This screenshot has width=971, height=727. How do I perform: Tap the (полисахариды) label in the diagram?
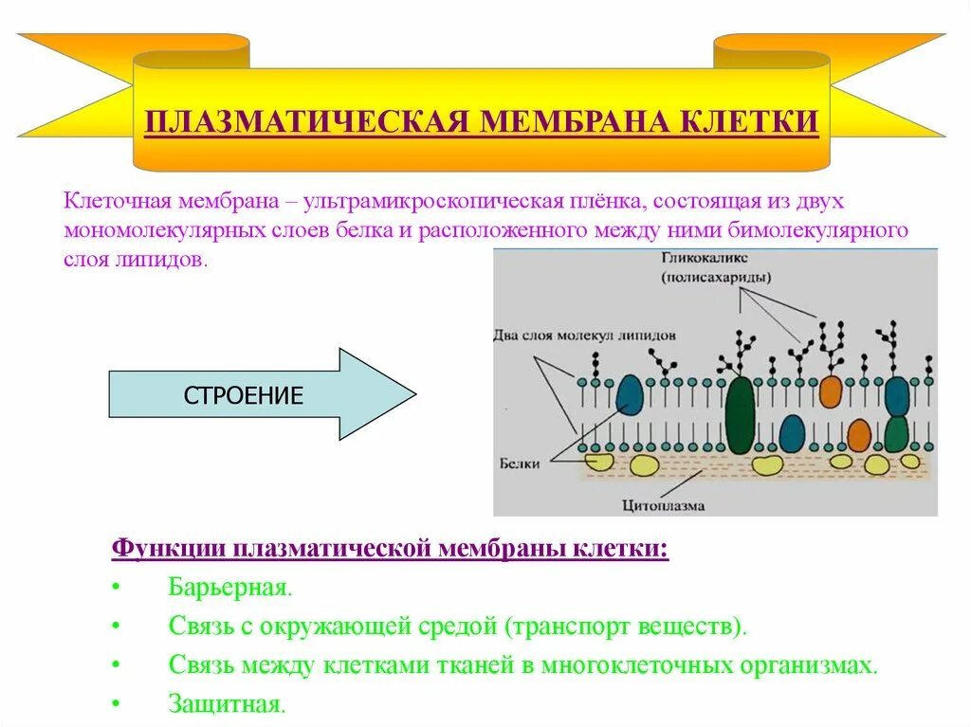point(715,278)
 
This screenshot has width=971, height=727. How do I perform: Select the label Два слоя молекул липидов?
point(585,336)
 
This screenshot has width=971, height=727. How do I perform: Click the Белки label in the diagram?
point(518,463)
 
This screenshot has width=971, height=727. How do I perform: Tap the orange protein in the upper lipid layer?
point(830,391)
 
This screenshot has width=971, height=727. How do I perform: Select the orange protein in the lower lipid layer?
point(859,435)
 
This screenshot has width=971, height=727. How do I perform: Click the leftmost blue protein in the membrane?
point(630,394)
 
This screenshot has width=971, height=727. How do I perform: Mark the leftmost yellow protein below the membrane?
point(598,463)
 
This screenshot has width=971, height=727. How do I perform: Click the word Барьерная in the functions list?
point(230,586)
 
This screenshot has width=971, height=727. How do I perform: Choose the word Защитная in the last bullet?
point(227,704)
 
